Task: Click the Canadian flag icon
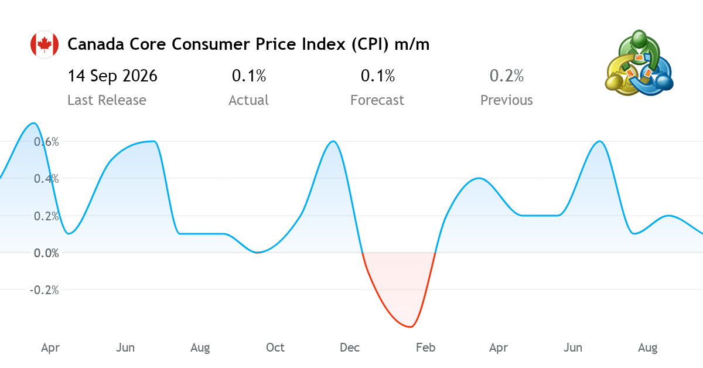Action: point(45,45)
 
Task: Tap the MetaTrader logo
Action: point(639,63)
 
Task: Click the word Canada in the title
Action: point(95,44)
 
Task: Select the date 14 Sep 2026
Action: point(112,76)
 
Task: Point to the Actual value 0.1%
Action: point(249,76)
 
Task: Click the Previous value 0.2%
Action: point(507,76)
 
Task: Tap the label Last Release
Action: point(107,100)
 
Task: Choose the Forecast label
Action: point(377,100)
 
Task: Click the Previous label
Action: point(507,100)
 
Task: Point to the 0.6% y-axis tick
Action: point(46,142)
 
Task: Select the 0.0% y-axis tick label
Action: point(46,253)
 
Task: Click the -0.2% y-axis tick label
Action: point(45,290)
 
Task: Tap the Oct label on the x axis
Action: point(275,347)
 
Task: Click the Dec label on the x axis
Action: point(350,347)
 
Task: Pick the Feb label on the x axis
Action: point(425,347)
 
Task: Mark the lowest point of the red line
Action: point(411,327)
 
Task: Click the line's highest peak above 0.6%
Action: point(33,123)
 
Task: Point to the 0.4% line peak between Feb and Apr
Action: point(478,178)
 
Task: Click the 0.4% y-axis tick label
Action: point(46,179)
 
